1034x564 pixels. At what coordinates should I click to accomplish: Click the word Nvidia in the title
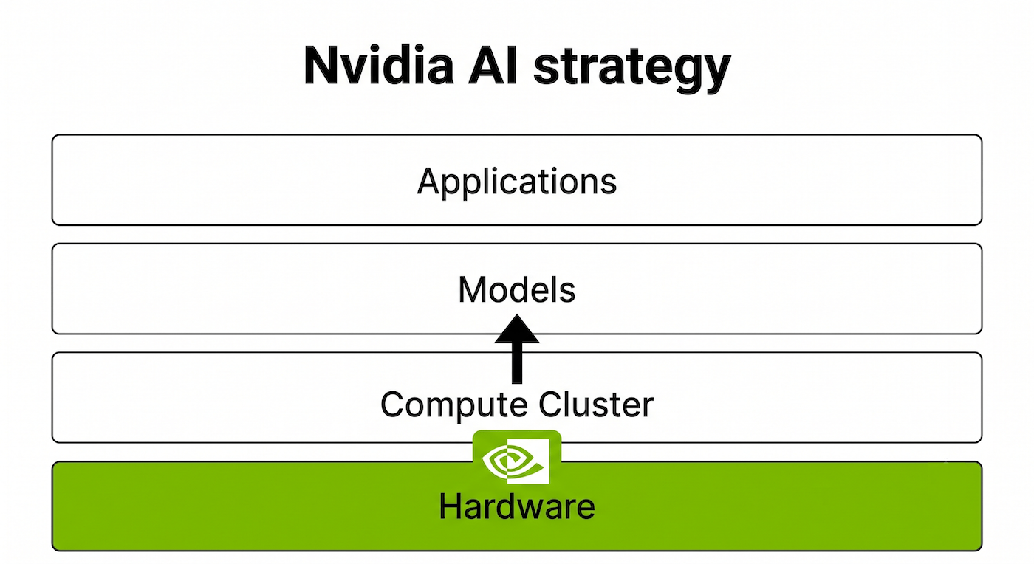point(378,65)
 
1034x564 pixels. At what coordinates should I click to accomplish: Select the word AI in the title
point(493,65)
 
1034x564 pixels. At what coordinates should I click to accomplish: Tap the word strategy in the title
point(632,70)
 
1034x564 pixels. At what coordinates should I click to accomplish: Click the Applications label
point(517,183)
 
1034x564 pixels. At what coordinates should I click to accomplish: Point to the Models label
point(517,290)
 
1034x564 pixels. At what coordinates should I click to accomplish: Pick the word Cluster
point(596,405)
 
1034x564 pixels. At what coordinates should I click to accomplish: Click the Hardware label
point(517,506)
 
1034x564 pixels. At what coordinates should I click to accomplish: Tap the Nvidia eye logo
point(517,459)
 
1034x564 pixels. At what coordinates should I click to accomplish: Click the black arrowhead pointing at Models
point(517,329)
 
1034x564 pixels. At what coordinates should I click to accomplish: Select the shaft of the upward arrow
point(517,363)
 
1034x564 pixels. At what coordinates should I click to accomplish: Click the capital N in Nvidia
point(321,66)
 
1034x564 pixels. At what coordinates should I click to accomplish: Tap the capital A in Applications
point(430,181)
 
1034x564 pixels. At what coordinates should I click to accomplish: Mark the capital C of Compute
point(393,405)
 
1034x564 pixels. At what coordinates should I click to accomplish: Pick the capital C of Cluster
point(551,405)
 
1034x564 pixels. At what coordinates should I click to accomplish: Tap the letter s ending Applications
point(608,185)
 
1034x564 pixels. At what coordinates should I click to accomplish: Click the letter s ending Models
point(567,293)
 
